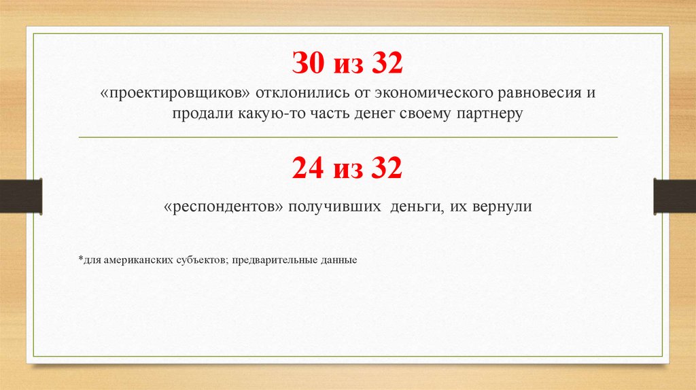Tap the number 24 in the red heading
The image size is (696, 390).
click(308, 167)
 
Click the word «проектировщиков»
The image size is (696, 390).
click(175, 92)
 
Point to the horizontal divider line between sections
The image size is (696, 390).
click(348, 137)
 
